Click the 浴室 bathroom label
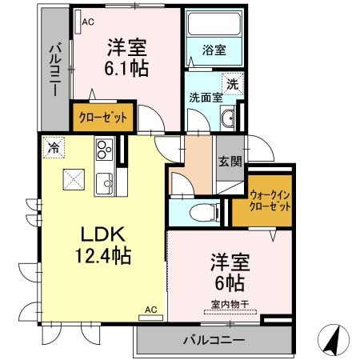[214, 50]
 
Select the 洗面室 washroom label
[205, 98]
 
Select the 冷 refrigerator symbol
[54, 148]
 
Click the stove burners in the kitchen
[104, 150]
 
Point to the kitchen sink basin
[103, 186]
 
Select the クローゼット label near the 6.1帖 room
[102, 118]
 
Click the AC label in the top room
[87, 22]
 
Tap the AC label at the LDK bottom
[150, 308]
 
